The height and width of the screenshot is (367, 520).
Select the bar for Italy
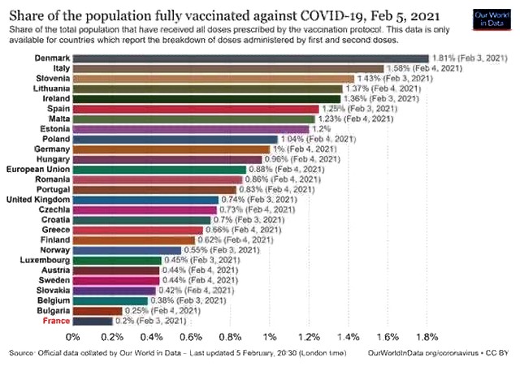(227, 69)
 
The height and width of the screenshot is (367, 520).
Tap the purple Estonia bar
(191, 129)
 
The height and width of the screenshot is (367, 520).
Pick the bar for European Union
(159, 170)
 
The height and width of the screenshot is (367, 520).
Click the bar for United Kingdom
(145, 200)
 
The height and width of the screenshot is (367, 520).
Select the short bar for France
(93, 321)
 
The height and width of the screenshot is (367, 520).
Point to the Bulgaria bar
(97, 310)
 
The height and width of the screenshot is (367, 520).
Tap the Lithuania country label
(46, 89)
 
